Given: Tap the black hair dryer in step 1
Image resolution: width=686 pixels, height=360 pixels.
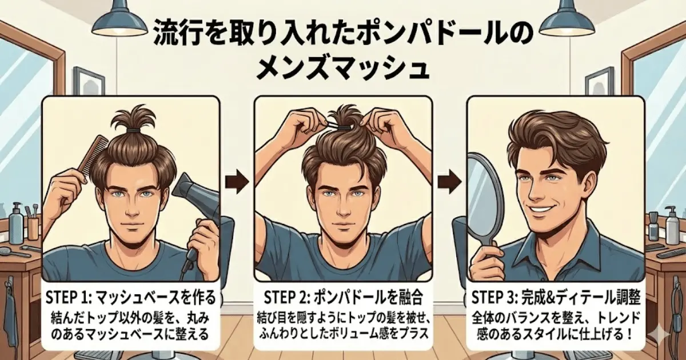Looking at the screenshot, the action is click(x=196, y=214).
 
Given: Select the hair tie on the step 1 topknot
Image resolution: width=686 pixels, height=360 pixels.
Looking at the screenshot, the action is click(x=134, y=131).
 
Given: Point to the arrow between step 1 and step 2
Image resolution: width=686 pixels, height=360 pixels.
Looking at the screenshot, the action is click(x=237, y=182).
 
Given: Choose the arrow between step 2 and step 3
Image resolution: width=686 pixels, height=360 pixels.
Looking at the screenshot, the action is click(x=449, y=182).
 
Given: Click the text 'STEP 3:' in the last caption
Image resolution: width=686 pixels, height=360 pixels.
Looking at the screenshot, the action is click(x=494, y=297).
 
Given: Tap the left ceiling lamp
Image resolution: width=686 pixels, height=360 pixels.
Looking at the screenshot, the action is click(x=119, y=18).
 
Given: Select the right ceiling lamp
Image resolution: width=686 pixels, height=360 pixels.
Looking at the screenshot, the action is click(x=567, y=18).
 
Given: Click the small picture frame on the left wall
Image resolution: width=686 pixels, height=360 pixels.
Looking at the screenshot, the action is click(x=89, y=81).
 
